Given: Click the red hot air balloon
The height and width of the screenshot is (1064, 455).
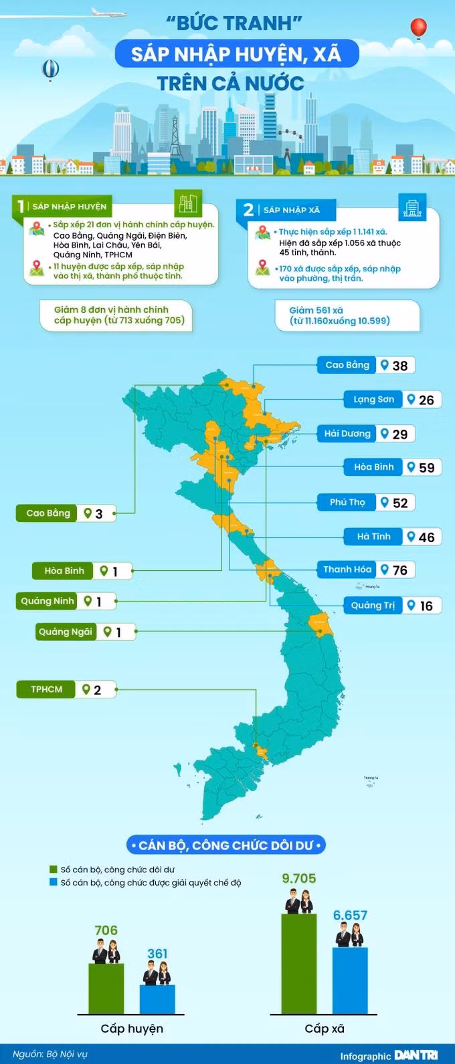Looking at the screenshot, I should pos(418,28).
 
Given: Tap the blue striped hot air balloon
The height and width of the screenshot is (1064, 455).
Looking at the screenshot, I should pos(50,69).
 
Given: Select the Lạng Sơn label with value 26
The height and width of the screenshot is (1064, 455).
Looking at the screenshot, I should pos(374,400).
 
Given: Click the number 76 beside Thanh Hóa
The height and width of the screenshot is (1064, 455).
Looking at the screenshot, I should pos(400,570).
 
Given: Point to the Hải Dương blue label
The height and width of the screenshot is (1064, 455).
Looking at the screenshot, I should pos(347,434).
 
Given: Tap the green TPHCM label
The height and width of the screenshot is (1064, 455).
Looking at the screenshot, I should pos(47,689).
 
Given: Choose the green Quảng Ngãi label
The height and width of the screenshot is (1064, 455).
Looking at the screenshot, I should pos(66,632).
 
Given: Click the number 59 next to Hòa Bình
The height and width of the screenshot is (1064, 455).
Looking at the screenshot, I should pos(427,468).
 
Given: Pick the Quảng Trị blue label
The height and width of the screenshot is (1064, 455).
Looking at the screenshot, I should pos(373,606).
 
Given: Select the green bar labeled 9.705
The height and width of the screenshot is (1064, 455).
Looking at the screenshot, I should pos(299,963).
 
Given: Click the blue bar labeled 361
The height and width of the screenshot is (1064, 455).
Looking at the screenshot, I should pos(157,999).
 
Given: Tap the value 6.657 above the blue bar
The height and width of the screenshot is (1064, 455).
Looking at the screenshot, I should pos(350,916).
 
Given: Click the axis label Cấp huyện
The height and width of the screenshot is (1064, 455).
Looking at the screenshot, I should pos(132,1029).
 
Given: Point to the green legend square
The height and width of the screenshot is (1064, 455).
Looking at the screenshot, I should pos(54,870).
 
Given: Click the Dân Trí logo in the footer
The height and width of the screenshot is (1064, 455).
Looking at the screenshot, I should pos(416,1055).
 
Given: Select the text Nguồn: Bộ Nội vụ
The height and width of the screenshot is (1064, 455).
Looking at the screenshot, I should pos(50,1054).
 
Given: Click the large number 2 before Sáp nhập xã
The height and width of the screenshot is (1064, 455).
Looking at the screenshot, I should pos(248,210).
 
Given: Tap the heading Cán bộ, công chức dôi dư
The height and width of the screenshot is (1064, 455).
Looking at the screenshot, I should pos(226,845).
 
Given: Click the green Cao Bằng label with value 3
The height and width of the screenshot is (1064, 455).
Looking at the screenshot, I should pos(48,513).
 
